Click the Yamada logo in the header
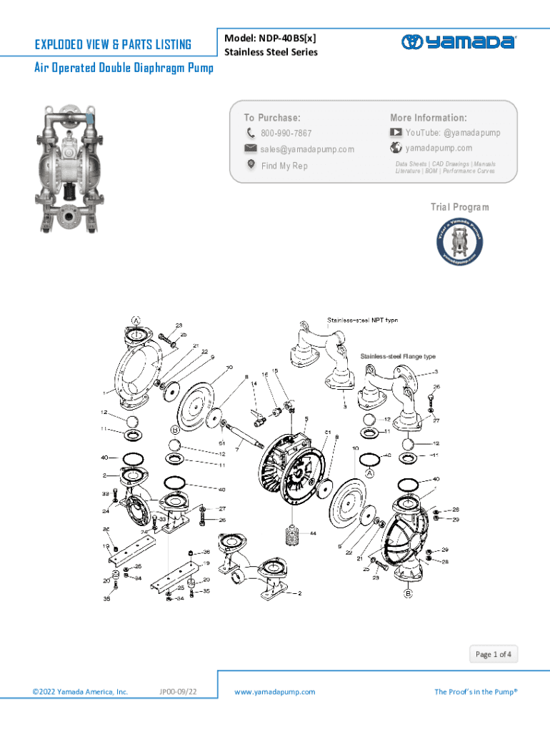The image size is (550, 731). (458, 41)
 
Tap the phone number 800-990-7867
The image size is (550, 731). (286, 133)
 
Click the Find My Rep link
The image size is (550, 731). (284, 166)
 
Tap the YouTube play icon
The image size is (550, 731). (396, 132)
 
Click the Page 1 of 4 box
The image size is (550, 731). (494, 654)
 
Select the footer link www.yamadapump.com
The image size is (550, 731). (275, 692)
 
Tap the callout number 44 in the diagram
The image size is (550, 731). (313, 533)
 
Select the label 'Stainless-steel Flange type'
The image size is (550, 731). (398, 356)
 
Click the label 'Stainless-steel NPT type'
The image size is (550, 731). (363, 320)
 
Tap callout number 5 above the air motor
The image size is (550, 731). (306, 418)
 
